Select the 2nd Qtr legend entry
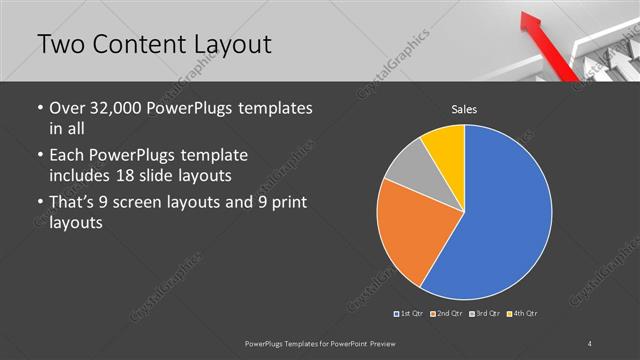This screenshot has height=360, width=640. click(447, 314)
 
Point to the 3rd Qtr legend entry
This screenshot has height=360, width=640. click(486, 314)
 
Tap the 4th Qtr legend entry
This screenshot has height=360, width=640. click(524, 314)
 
